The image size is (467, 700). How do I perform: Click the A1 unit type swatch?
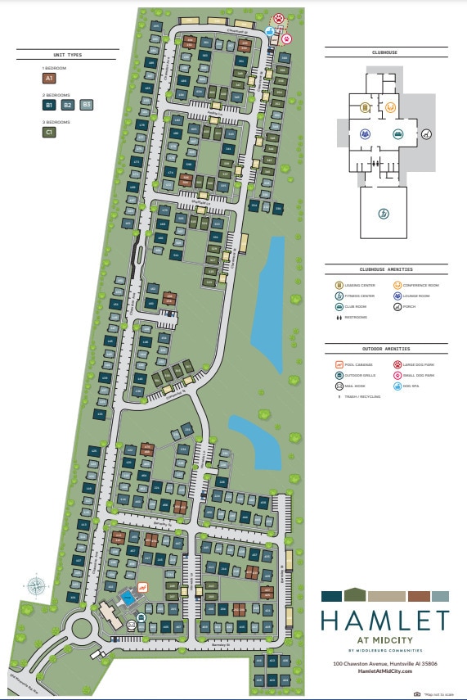[49, 79]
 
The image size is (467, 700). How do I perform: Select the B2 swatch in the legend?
[68, 105]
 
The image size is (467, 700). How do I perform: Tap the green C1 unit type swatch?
[49, 131]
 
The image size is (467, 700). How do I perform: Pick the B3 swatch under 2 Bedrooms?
[87, 105]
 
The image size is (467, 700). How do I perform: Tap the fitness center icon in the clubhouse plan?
[383, 213]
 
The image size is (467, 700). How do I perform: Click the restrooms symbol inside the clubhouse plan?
[375, 162]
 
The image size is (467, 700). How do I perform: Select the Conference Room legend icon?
[397, 285]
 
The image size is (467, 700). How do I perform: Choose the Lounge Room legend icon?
[397, 296]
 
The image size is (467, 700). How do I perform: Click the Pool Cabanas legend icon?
[339, 364]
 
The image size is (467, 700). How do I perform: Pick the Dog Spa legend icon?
[397, 385]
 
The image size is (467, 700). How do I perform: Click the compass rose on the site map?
[35, 585]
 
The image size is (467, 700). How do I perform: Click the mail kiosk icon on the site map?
[132, 625]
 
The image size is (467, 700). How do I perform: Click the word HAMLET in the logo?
[384, 621]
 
